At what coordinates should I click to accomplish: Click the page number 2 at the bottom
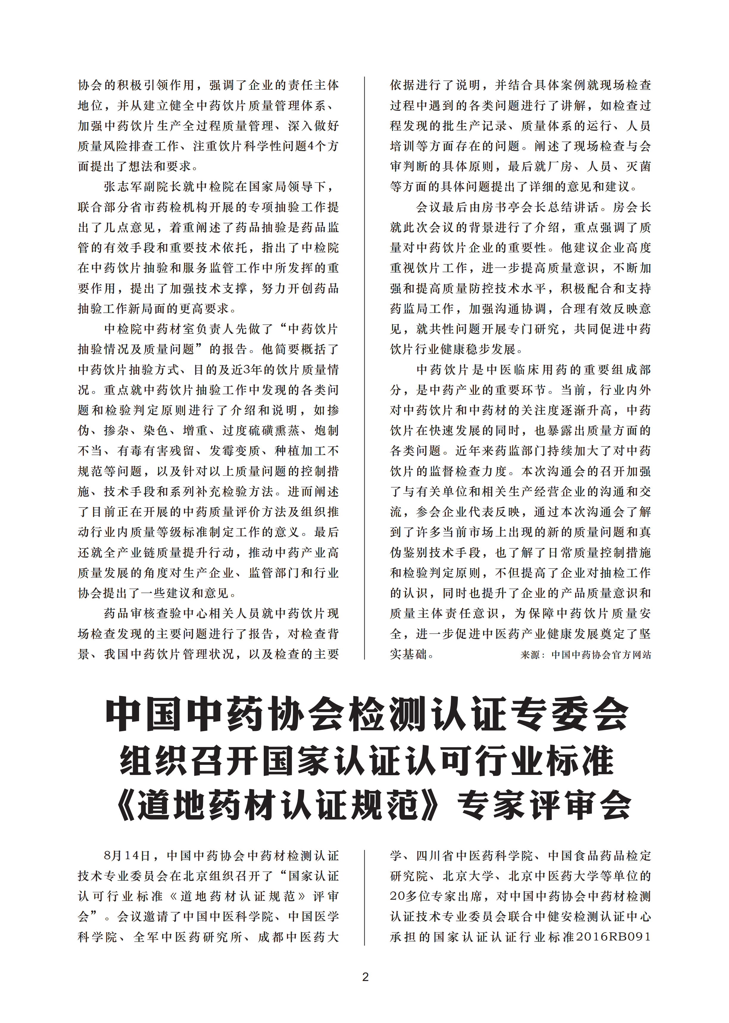365,977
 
